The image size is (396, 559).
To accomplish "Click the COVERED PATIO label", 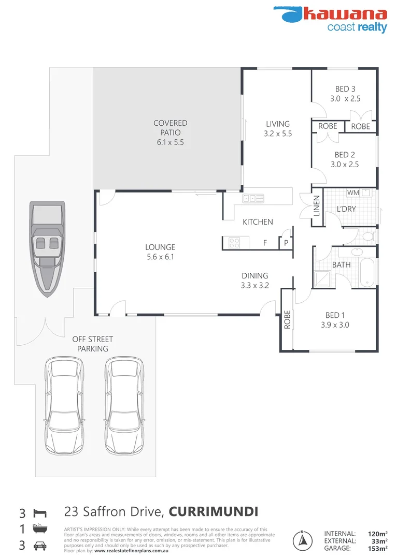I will (x=170, y=133).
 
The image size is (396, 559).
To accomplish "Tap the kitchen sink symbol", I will (x=253, y=198).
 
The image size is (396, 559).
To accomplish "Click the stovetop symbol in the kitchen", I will (x=233, y=242).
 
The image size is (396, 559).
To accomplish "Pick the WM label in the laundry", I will (x=353, y=193).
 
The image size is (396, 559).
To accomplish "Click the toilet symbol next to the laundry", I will (x=368, y=237).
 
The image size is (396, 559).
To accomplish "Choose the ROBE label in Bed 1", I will (x=287, y=320).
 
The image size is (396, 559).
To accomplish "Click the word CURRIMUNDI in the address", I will (x=214, y=512).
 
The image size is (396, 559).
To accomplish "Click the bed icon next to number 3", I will (x=39, y=513).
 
